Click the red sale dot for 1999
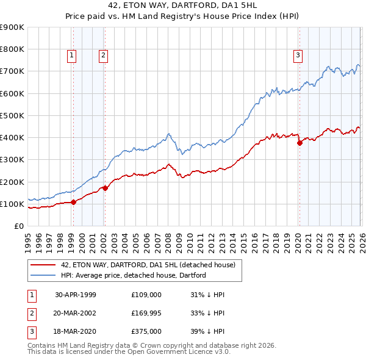[x=73, y=202]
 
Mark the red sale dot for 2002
[x=105, y=188]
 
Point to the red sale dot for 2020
[x=300, y=143]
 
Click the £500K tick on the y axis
[x=12, y=115]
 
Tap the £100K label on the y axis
[x=12, y=204]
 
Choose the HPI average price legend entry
[x=134, y=275]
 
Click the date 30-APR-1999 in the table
[x=76, y=294]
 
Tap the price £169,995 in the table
[x=146, y=312]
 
